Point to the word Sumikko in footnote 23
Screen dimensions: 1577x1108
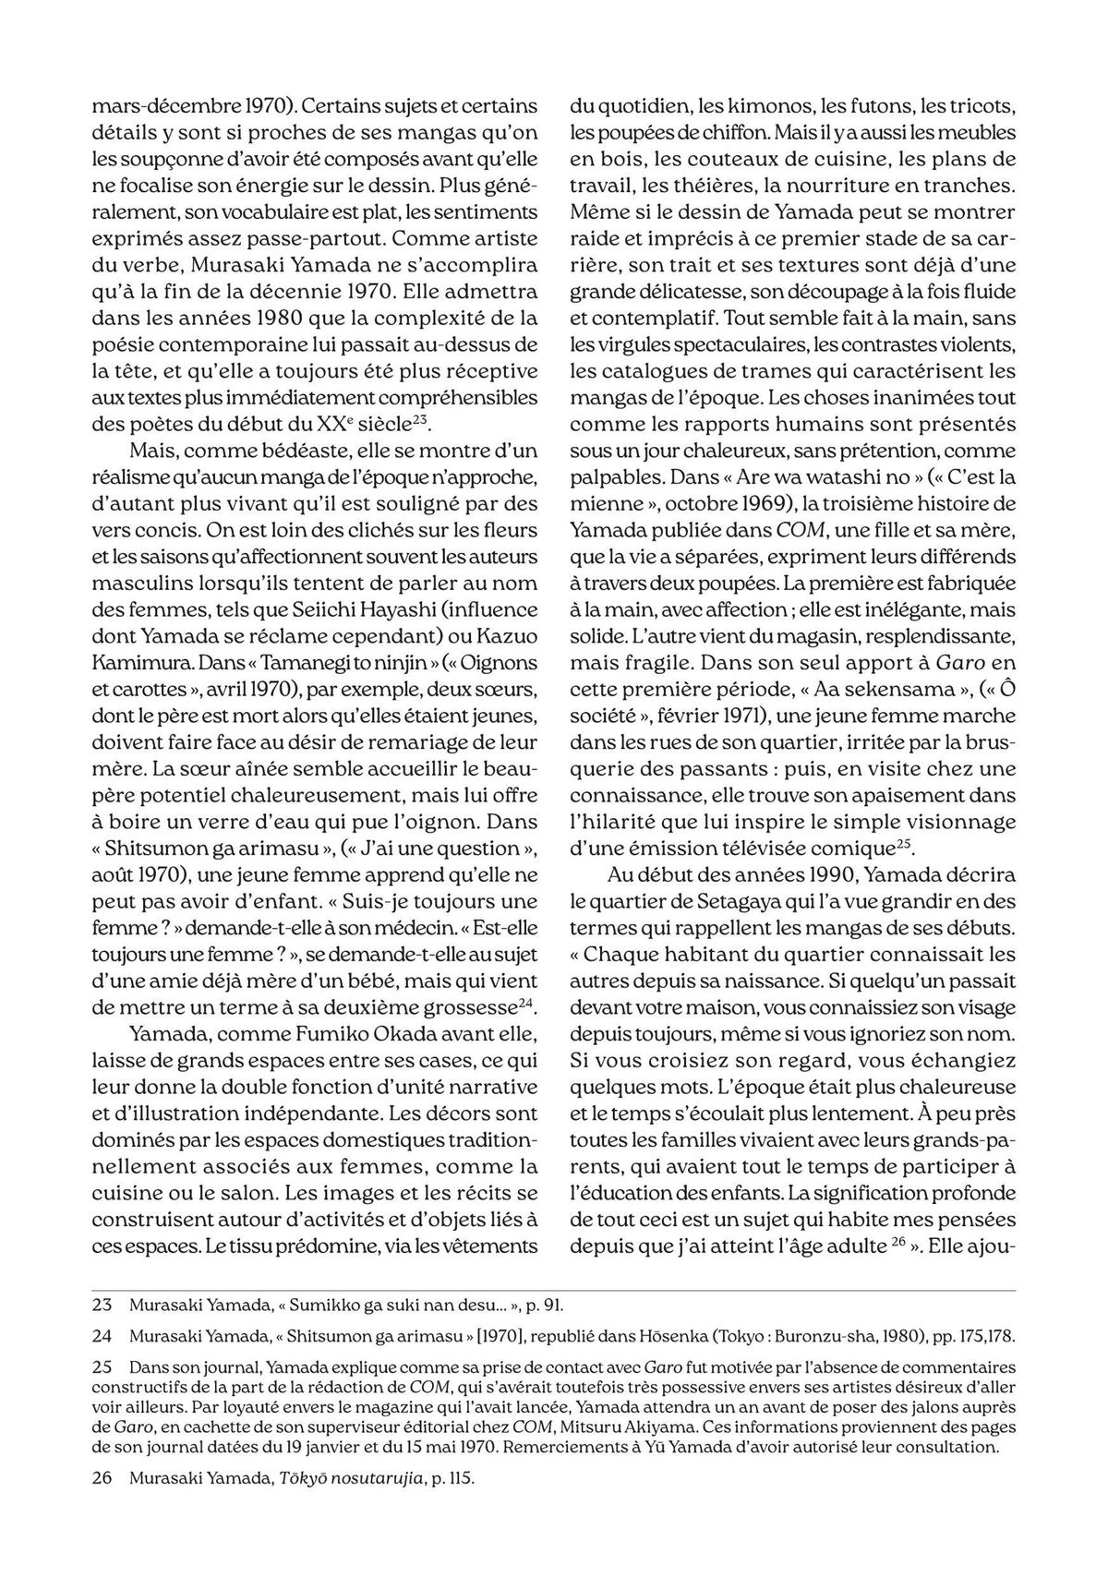tap(324, 1306)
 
